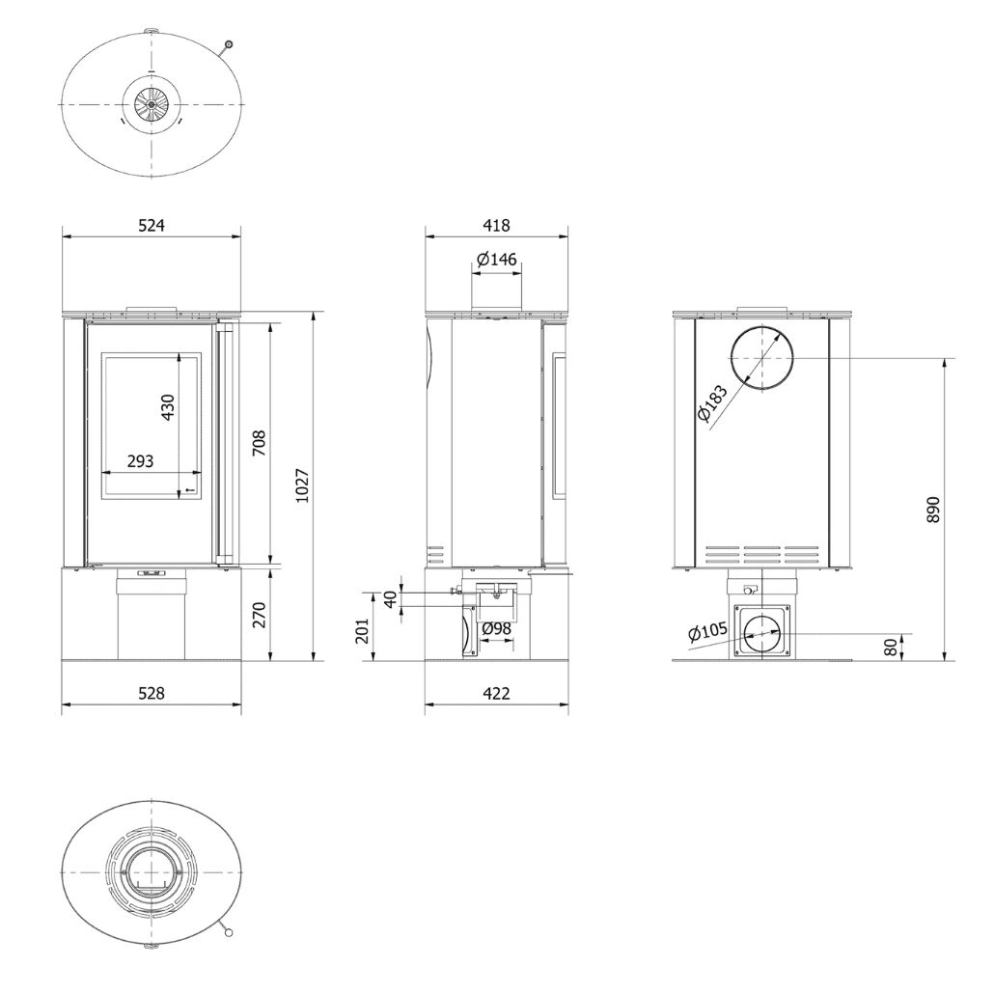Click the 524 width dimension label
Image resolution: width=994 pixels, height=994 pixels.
pos(152,226)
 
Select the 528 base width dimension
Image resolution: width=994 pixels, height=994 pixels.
pos(152,692)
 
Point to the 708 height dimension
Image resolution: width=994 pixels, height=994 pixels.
pos(259,441)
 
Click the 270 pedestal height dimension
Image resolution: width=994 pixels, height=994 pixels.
pos(259,614)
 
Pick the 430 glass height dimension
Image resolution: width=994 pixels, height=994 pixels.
pos(168,407)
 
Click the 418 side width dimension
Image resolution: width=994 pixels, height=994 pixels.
pos(496,226)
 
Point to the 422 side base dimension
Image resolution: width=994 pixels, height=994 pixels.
pos(496,692)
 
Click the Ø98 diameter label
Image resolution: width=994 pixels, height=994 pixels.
pos(496,628)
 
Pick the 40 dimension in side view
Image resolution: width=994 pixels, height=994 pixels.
pos(390,598)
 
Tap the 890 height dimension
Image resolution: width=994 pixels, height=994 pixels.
pos(932,509)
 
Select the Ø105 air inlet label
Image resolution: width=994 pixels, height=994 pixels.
pos(707,633)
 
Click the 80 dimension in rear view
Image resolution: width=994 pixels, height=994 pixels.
pos(889,647)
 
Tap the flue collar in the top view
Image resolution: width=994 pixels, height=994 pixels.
pos(152,103)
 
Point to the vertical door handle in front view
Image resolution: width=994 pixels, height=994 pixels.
pos(225,445)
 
